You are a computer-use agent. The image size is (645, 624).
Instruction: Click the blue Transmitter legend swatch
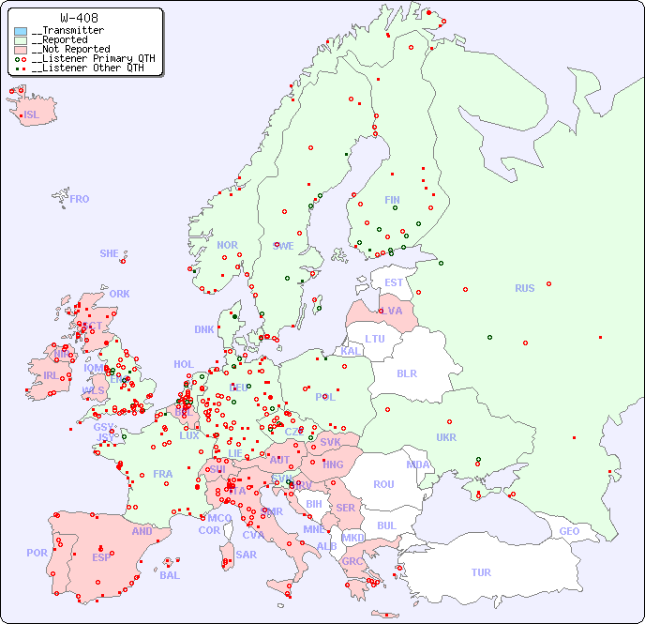21,31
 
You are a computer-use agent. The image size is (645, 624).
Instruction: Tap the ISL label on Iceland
32,115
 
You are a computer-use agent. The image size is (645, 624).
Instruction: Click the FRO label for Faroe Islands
80,199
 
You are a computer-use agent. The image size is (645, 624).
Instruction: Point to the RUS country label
524,288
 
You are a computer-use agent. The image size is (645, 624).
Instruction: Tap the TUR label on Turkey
481,572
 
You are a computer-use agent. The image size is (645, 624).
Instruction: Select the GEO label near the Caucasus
569,531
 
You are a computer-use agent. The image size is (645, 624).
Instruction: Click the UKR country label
446,437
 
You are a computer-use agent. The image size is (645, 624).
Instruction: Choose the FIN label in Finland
392,200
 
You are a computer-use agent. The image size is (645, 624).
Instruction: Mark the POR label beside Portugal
37,553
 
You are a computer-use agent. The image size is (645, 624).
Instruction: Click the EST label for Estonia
394,282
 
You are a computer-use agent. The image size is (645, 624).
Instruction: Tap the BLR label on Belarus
407,373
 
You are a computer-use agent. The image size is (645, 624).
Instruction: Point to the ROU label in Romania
383,484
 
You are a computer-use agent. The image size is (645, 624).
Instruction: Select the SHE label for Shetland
110,253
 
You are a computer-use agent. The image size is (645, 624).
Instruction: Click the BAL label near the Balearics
170,575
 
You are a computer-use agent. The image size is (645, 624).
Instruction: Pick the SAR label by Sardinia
247,555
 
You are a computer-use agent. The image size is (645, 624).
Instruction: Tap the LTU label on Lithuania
375,339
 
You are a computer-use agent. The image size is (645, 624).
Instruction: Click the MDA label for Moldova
418,464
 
